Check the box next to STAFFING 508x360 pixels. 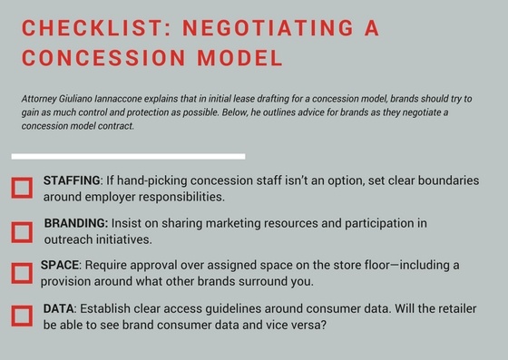(22, 188)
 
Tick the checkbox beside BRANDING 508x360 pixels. (22, 231)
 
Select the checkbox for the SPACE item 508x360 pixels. (22, 272)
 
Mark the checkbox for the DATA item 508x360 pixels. (22, 316)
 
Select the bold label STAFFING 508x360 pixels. (71, 180)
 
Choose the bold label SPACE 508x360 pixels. (61, 265)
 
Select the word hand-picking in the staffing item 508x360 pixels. (150, 180)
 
